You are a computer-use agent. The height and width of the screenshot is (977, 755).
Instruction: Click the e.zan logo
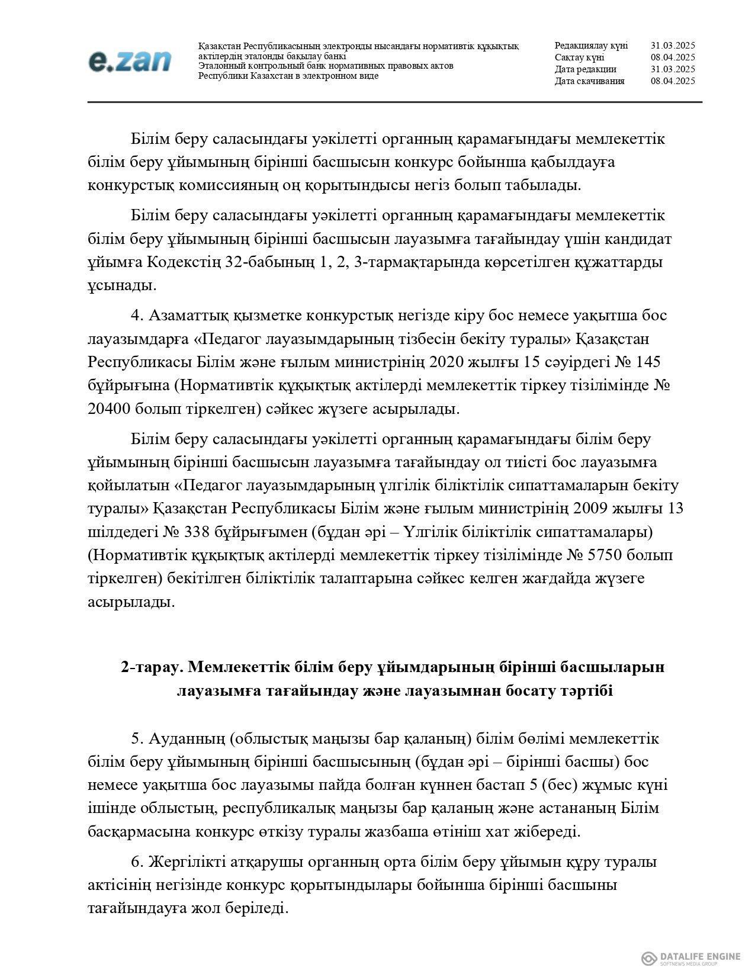pos(130,61)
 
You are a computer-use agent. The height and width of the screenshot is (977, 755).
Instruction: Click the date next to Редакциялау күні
pos(672,46)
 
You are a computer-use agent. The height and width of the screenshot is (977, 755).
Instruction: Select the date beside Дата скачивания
pos(672,81)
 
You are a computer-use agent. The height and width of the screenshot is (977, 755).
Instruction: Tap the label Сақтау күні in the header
pos(579,57)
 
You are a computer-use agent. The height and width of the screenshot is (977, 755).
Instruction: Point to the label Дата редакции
pos(585,69)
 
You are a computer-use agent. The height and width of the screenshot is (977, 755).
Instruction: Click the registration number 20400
pos(110,409)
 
